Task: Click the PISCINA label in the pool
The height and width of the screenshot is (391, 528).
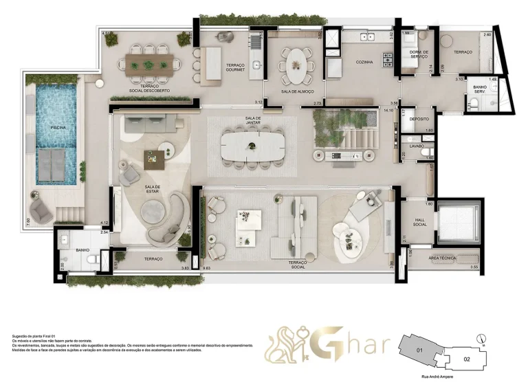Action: [47, 128]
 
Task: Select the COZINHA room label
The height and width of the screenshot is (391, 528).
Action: [364, 63]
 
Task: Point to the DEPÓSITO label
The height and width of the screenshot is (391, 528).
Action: [419, 119]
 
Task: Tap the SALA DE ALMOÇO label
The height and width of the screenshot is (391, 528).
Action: [297, 92]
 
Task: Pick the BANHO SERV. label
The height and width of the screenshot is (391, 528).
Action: [479, 89]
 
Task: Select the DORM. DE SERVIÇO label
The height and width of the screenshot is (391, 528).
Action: [419, 54]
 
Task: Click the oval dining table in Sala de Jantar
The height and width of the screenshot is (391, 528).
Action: [252, 145]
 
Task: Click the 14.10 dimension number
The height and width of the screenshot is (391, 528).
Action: [388, 109]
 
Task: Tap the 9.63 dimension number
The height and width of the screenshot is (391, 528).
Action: [208, 267]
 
